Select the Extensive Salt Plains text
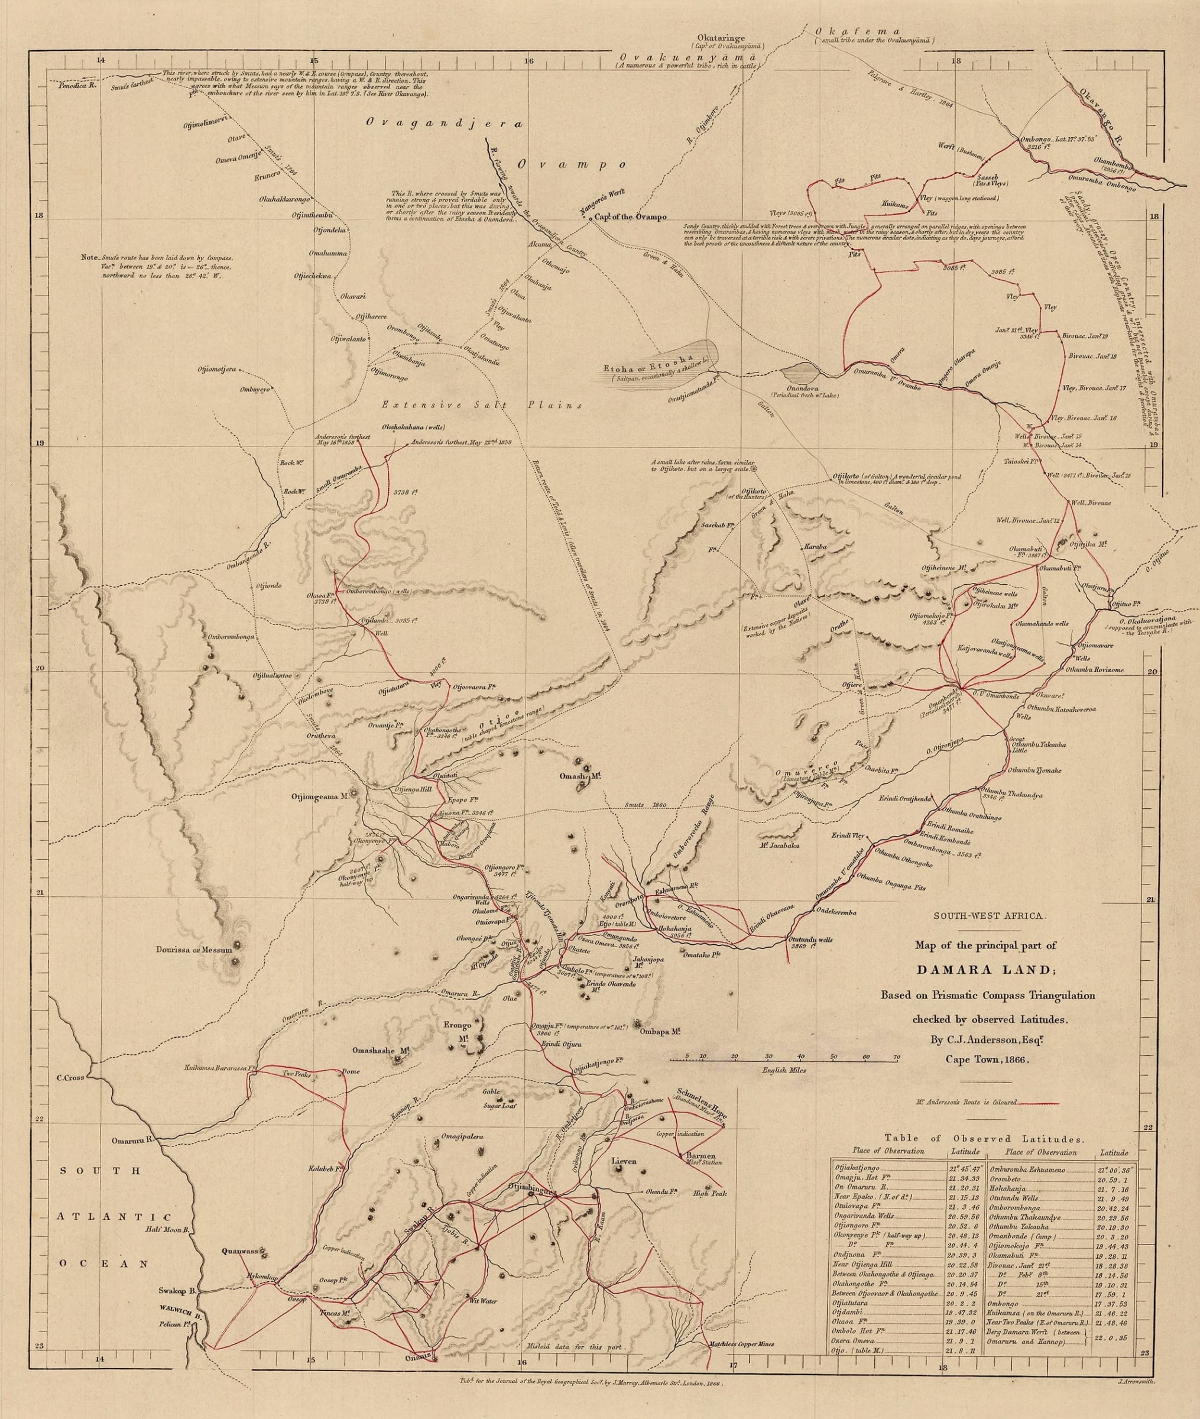[x=482, y=405]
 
